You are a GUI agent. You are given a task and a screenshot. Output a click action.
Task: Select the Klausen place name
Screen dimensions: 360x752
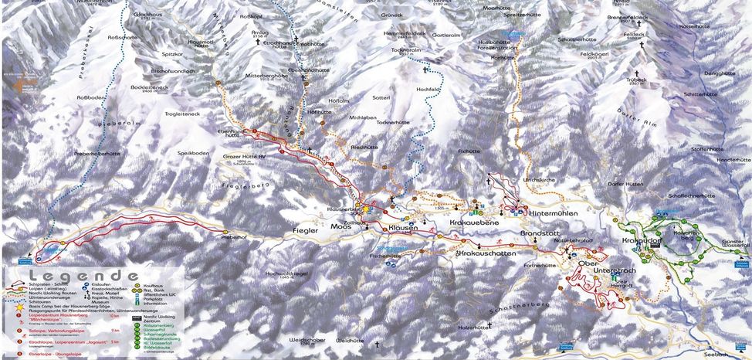point(402,229)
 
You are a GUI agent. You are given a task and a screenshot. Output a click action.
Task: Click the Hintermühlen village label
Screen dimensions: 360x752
point(556,211)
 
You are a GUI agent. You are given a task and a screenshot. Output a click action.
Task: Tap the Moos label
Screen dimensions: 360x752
point(342,229)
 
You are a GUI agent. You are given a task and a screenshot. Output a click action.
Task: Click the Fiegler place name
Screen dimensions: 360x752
point(306,229)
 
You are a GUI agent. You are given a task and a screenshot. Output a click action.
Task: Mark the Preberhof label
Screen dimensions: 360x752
point(233,238)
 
